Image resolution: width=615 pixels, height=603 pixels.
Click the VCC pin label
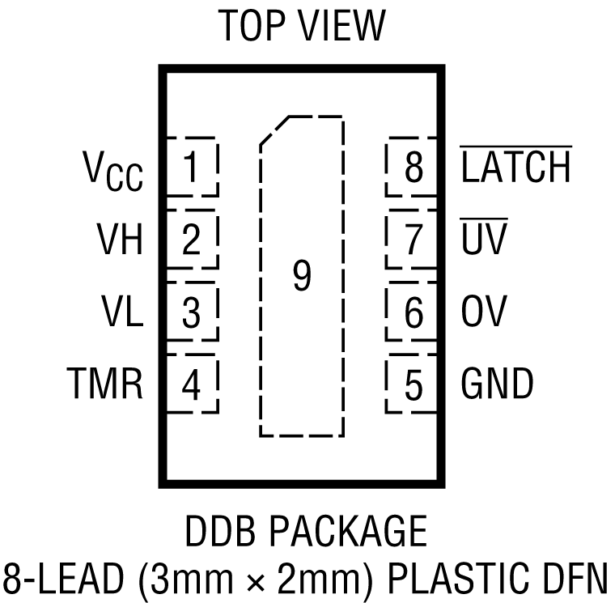coord(112,170)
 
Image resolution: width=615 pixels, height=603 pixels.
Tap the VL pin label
coord(122,312)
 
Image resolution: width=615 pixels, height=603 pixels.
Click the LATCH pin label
coord(515,168)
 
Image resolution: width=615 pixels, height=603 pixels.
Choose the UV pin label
coord(484,240)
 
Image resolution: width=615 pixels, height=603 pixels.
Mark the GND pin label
coord(497,384)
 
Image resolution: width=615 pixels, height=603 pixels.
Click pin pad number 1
coord(191,168)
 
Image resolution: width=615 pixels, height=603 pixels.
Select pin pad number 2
coord(191,240)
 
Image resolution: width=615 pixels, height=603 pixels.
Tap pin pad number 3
coord(191,312)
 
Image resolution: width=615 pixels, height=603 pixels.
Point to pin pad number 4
coord(191,384)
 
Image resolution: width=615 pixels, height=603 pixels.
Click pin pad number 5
coord(413,384)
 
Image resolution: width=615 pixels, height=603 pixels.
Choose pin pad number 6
coord(413,312)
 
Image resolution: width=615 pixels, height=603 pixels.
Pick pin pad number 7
coord(413,240)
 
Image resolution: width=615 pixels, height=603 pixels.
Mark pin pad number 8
coord(413,168)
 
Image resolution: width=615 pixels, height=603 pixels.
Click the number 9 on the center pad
coord(301,277)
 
